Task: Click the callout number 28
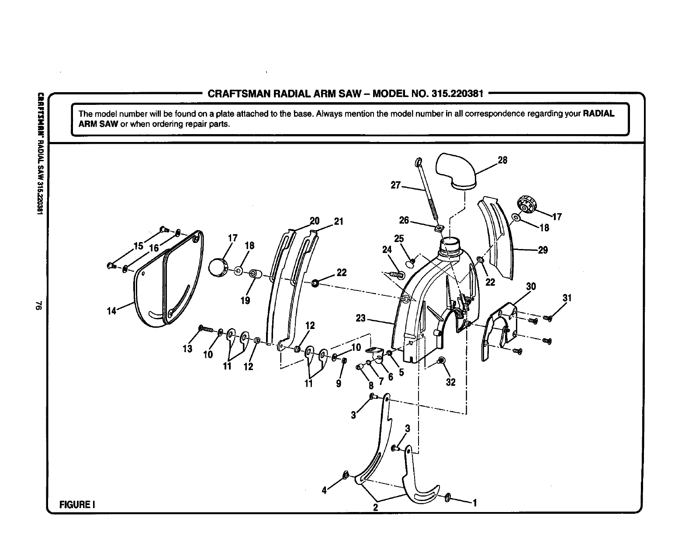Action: pyautogui.click(x=502, y=160)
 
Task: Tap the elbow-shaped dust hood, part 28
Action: pyautogui.click(x=457, y=170)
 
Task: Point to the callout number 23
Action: pyautogui.click(x=360, y=318)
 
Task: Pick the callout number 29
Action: pyautogui.click(x=543, y=250)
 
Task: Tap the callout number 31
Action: pyautogui.click(x=567, y=298)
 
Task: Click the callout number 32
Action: pyautogui.click(x=450, y=382)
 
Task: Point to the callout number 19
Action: pyautogui.click(x=245, y=300)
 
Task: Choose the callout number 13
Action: pyautogui.click(x=187, y=349)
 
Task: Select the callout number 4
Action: pyautogui.click(x=324, y=491)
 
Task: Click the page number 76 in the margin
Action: pyautogui.click(x=39, y=306)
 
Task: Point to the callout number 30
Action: pyautogui.click(x=531, y=287)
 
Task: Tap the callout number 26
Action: pyautogui.click(x=404, y=220)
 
